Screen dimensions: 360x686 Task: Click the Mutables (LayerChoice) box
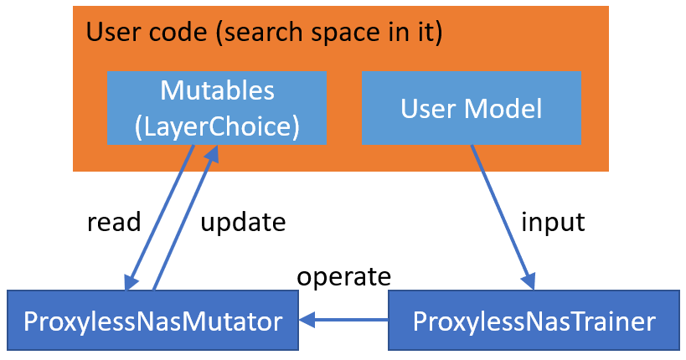point(216,108)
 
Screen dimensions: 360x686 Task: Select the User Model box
point(471,108)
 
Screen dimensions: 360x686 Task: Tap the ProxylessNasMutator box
point(152,320)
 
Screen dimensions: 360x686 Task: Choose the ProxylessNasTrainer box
point(534,320)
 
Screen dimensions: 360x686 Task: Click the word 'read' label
point(114,222)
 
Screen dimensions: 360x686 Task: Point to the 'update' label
point(243,222)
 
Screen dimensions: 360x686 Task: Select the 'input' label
point(553,222)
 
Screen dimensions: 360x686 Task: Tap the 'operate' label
point(343,276)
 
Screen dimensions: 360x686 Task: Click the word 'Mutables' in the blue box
point(216,90)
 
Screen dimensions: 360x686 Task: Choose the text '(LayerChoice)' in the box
point(216,126)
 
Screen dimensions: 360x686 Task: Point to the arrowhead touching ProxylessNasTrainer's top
point(528,282)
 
